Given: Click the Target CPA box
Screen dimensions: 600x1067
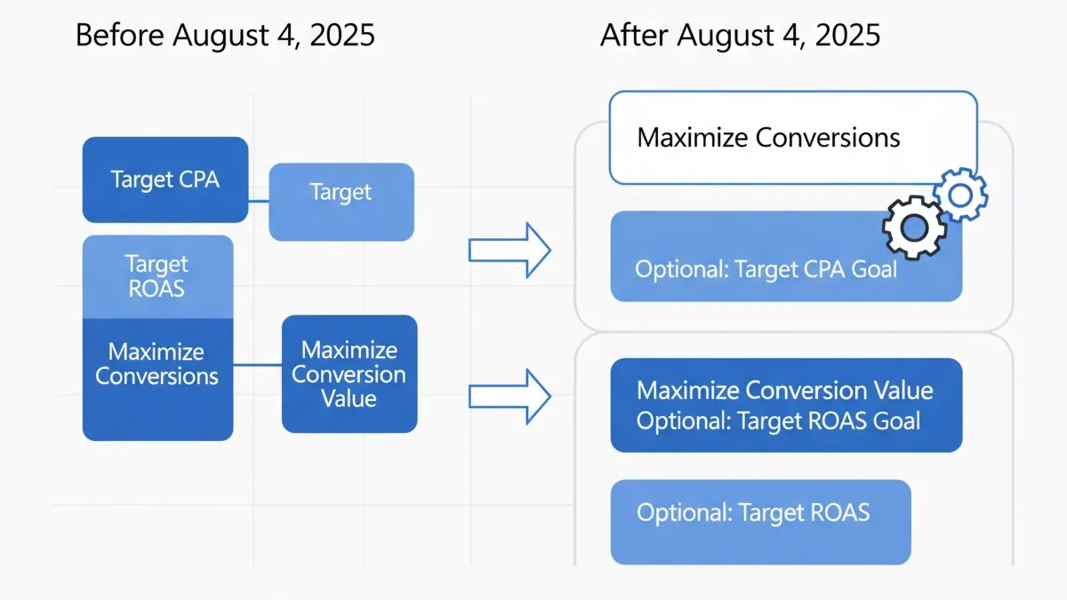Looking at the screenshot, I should coord(164,180).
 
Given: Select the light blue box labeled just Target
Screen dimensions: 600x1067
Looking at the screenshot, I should coord(341,202).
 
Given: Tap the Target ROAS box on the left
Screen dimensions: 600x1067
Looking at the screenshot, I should coord(157,276).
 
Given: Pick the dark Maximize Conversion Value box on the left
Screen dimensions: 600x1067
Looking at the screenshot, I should coord(349,374).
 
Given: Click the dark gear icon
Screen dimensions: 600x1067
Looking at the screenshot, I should coord(913,227).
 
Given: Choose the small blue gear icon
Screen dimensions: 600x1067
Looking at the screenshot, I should coord(959,193).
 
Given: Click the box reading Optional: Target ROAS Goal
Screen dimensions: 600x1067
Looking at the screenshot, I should coord(785,405).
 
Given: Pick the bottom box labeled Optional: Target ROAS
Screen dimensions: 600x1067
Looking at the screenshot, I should coord(760,522).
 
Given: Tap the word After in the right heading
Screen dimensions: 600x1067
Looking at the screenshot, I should coord(633,36).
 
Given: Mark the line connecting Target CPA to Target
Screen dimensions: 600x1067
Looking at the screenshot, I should coord(258,202).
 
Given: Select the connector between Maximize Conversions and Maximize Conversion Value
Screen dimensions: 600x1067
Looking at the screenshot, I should coord(257,364).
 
